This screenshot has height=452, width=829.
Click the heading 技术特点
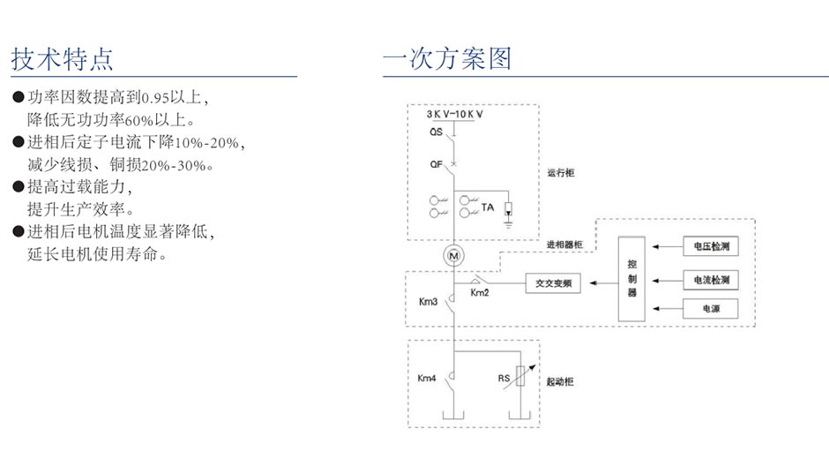[x=62, y=59]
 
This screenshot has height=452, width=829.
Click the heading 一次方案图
[x=447, y=59]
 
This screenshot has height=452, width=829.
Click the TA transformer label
[x=487, y=207]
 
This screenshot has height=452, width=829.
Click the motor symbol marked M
[x=455, y=256]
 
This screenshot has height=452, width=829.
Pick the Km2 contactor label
[x=480, y=292]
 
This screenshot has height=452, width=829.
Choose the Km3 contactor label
[x=428, y=301]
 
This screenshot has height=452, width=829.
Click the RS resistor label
[x=504, y=378]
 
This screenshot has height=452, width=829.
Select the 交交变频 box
[x=554, y=283]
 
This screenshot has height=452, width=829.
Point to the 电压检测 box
[x=710, y=246]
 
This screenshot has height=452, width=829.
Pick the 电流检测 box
[x=710, y=280]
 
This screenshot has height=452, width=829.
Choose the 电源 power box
[x=710, y=309]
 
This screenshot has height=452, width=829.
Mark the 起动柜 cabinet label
[x=560, y=381]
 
